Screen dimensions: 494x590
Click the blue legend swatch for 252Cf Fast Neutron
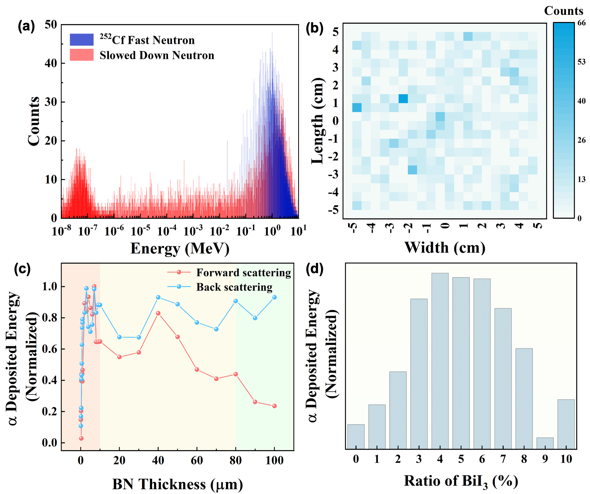coord(82,40)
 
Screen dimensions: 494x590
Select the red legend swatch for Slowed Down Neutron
coord(82,55)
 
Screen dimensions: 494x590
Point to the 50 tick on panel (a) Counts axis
coord(51,24)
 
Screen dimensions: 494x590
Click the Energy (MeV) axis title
coord(180,248)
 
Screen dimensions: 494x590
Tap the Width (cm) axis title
coord(445,247)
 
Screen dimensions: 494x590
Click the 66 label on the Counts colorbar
coord(582,23)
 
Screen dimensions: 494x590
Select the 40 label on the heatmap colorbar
coord(582,101)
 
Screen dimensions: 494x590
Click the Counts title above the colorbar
coord(563,11)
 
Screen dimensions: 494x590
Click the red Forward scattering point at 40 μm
coord(158,313)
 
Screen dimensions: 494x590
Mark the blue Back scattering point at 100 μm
coord(274,297)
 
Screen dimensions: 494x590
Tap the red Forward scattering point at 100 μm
coord(274,406)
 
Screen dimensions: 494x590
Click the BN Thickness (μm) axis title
coord(178,484)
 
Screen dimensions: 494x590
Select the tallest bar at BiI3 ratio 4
coord(440,361)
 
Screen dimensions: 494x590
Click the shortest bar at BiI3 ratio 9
coord(545,443)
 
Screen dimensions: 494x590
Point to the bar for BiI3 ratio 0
coord(356,437)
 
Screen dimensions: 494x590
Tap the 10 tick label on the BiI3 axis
coord(566,459)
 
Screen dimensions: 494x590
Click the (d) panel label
coord(314,269)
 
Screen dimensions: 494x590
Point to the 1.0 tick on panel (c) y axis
coord(50,286)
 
